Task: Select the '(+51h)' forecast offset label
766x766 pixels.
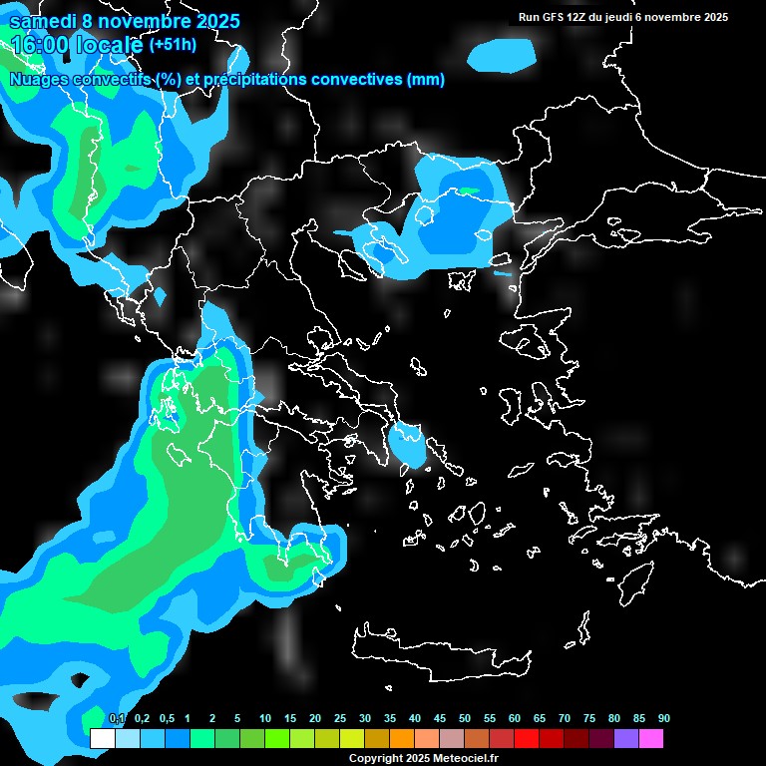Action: click(x=173, y=45)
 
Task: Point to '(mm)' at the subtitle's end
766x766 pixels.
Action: click(x=426, y=80)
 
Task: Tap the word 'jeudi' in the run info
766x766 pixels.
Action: click(x=617, y=17)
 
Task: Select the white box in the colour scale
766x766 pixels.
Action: click(x=102, y=739)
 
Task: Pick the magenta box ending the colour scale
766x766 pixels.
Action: click(x=651, y=739)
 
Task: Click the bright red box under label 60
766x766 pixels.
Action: click(x=527, y=739)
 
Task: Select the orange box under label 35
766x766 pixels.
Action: click(x=402, y=739)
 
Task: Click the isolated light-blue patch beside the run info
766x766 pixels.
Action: click(x=502, y=55)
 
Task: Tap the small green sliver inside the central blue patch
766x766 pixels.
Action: click(x=468, y=190)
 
